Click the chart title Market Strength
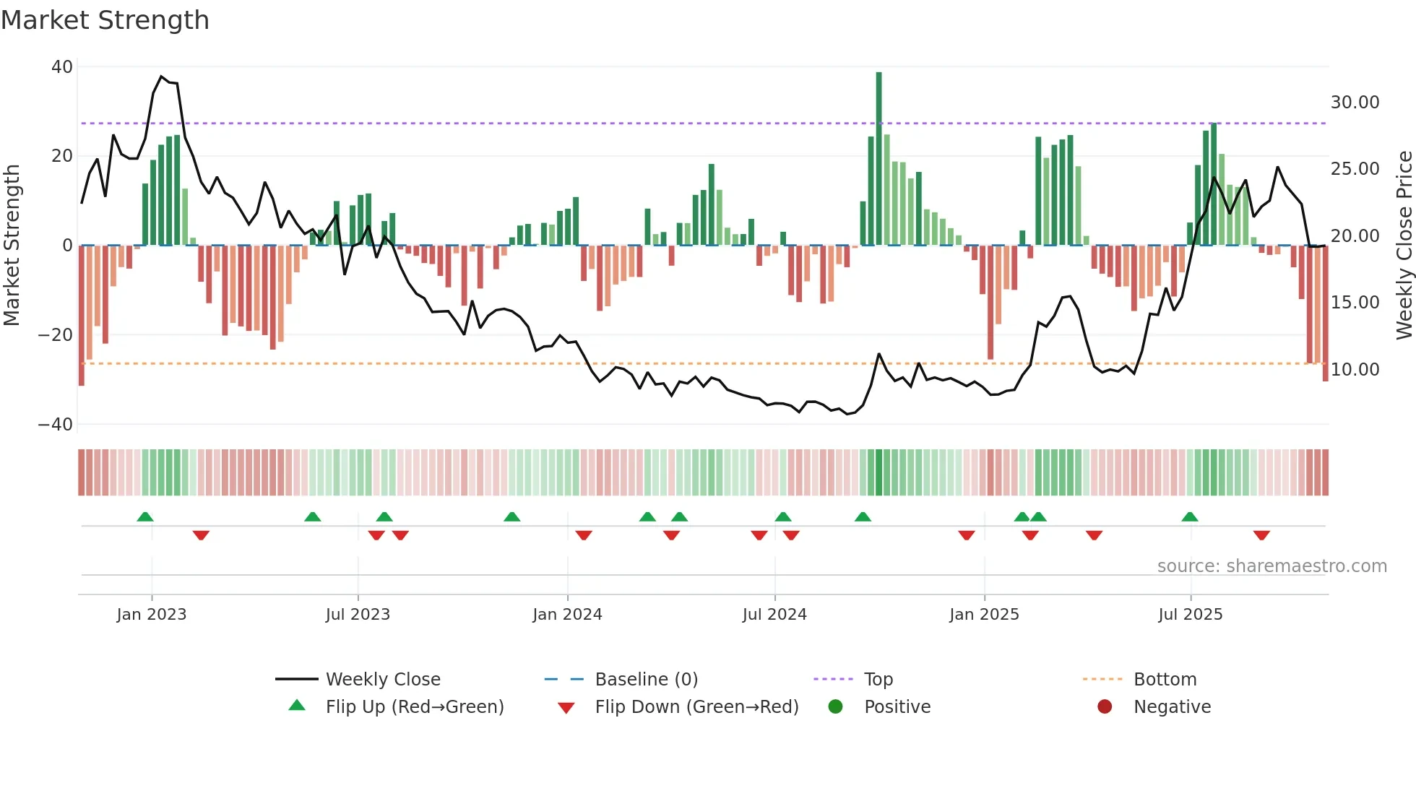pyautogui.click(x=105, y=20)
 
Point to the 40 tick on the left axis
pyautogui.click(x=62, y=67)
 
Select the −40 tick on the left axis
pyautogui.click(x=56, y=425)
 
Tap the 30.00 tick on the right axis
pyautogui.click(x=1355, y=103)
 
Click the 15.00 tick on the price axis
pyautogui.click(x=1355, y=303)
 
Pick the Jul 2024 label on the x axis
pyautogui.click(x=774, y=615)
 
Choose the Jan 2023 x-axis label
pyautogui.click(x=152, y=615)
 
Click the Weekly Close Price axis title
pyautogui.click(x=1404, y=246)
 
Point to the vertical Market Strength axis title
pyautogui.click(x=12, y=246)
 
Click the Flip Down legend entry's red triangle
pyautogui.click(x=566, y=708)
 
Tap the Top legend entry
pyautogui.click(x=878, y=680)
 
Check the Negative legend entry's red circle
pyautogui.click(x=1105, y=706)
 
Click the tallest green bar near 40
pyautogui.click(x=878, y=159)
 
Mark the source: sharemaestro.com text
pyautogui.click(x=1272, y=566)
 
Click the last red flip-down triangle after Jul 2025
pyautogui.click(x=1261, y=535)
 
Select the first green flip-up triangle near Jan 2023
pyautogui.click(x=145, y=516)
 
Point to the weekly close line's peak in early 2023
pyautogui.click(x=161, y=77)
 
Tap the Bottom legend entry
pyautogui.click(x=1165, y=680)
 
